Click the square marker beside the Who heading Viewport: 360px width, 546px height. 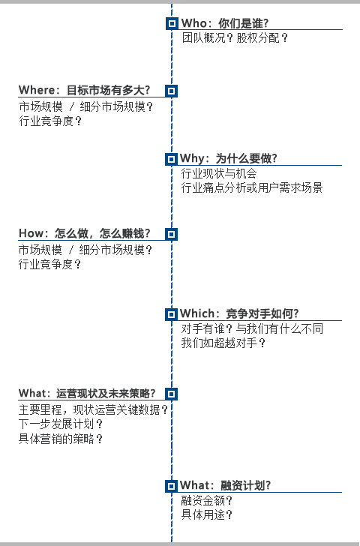tap(172, 23)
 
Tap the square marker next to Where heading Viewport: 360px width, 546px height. tap(171, 91)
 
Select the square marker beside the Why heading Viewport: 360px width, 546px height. tap(171, 159)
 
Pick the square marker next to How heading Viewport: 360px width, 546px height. tap(171, 234)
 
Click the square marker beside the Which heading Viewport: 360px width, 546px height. tap(171, 314)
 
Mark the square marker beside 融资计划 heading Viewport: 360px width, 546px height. tap(171, 486)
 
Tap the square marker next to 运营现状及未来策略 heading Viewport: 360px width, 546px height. tap(171, 394)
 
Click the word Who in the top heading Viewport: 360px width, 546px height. tap(194, 23)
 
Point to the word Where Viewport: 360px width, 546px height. tap(37, 90)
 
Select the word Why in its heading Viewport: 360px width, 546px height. tap(191, 158)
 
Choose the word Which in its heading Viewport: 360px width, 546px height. tap(197, 313)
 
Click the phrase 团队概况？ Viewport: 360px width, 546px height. tap(208, 37)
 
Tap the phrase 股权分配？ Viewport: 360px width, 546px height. tap(262, 37)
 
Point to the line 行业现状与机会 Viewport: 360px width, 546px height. tap(219, 173)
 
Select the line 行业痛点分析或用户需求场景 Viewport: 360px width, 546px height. tap(252, 187)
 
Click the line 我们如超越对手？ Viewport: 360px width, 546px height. tap(223, 343)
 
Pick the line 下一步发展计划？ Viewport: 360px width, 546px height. tap(61, 424)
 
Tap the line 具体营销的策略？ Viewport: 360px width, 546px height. tap(61, 439)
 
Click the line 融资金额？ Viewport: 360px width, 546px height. tap(207, 500)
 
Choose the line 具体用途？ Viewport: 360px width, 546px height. tap(207, 514)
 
